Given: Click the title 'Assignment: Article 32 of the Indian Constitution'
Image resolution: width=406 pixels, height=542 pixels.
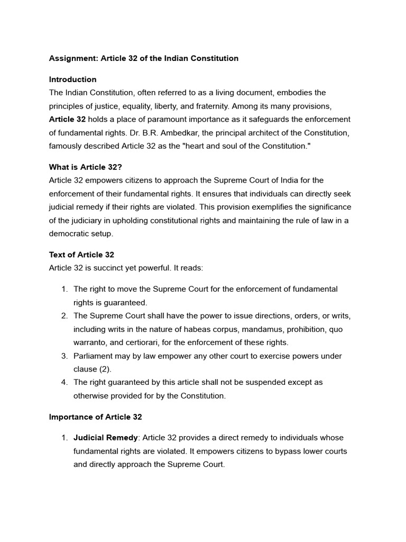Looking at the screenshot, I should [x=144, y=58].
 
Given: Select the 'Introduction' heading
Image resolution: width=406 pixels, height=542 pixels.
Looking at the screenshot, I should [x=73, y=79].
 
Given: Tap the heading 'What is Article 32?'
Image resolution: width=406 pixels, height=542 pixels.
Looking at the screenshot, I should [x=86, y=167].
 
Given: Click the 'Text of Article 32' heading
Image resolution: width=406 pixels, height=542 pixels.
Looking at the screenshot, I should [x=81, y=255].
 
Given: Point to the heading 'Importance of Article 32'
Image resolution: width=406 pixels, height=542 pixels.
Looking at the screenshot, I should [x=96, y=417].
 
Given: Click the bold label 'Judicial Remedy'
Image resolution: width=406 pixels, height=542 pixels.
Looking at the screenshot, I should [x=106, y=438].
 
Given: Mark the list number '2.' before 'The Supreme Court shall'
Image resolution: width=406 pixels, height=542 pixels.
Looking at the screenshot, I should [x=64, y=316].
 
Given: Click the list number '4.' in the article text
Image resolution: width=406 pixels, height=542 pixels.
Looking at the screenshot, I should [x=64, y=382].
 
